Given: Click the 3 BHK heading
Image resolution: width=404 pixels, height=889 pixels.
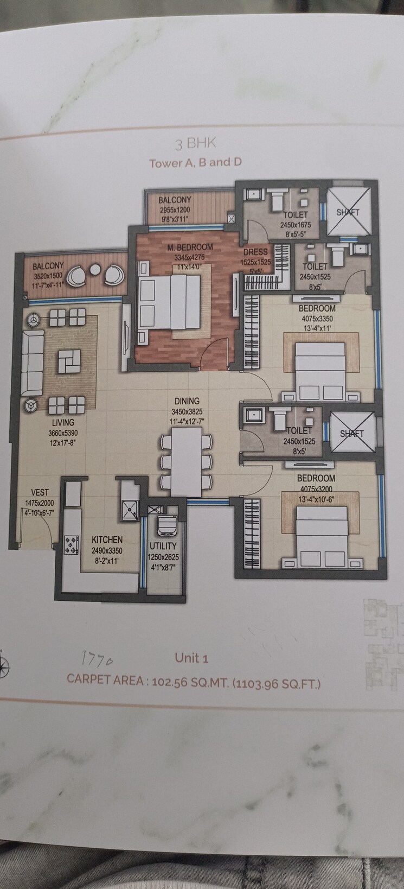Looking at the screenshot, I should coord(195,143).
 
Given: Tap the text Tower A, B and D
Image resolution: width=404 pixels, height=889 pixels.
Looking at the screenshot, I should coord(195,162).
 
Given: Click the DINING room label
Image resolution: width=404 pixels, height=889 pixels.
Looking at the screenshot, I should coord(187,401).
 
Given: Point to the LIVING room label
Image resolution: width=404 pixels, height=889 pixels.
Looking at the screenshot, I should coord(63,422).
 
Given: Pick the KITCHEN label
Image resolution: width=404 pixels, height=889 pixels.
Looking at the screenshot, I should coord(107,539).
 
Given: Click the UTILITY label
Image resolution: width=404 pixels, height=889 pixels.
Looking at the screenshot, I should coord(163,546).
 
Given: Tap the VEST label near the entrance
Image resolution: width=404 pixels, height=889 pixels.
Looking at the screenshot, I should coord(40,493).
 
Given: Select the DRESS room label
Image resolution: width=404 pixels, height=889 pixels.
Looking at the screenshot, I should coord(255,252).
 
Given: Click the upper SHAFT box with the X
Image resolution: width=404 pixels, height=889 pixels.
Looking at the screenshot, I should coord(348,212).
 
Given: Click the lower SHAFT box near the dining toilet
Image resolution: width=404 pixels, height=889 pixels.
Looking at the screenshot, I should coord(352,433).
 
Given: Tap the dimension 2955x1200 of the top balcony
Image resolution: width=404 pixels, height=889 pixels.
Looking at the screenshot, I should coord(175,210).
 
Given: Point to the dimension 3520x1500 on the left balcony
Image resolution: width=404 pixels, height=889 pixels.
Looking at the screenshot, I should coord(48,275).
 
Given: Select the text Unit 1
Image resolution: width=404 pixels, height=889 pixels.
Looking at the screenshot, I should coord(191,658).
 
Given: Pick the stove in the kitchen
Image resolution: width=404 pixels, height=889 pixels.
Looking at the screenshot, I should coord(71,545).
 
